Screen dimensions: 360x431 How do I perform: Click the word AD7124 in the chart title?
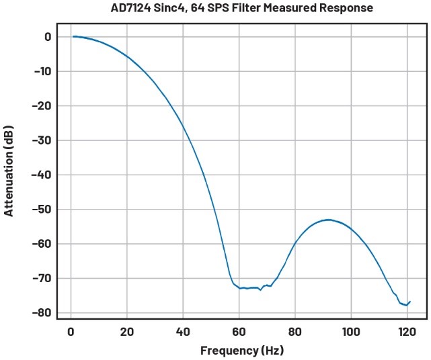pos(134,8)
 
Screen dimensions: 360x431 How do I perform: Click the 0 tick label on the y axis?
pos(48,37)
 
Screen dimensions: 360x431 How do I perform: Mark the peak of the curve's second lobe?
pos(328,220)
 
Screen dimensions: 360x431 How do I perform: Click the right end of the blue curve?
pos(409,302)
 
